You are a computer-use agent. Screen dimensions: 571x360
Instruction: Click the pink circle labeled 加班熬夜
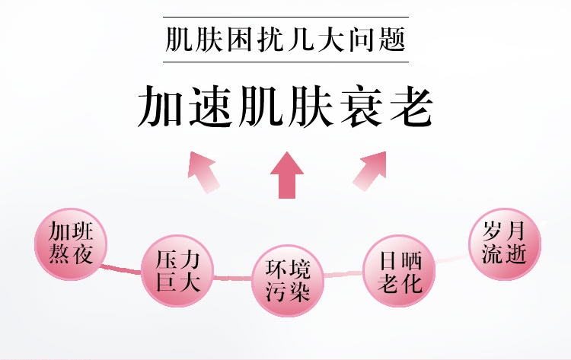(71, 244)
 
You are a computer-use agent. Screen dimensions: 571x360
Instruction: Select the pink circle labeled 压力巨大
(177, 271)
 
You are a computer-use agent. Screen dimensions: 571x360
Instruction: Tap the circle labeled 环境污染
(288, 281)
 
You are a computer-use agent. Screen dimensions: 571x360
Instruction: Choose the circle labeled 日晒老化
(400, 271)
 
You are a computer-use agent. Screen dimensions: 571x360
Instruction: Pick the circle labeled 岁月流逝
(505, 244)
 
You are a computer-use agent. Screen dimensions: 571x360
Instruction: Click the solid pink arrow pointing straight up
(287, 175)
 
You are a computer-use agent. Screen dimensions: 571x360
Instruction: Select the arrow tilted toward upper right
(370, 170)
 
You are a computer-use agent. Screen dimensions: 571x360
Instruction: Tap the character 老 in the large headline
(411, 106)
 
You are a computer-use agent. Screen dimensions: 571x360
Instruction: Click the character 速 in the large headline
(211, 106)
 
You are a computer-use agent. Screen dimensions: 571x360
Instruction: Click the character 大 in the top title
(331, 40)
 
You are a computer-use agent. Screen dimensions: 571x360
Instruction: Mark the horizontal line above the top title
(285, 17)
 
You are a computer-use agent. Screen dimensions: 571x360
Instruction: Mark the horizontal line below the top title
(285, 62)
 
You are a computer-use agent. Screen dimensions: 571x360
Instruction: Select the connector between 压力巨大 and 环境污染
(232, 279)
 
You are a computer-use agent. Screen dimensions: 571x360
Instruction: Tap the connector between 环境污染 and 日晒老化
(343, 274)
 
